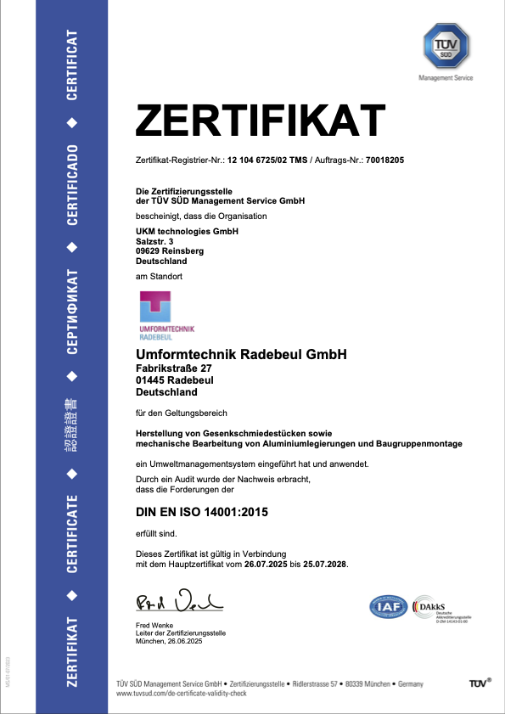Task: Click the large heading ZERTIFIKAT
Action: pyautogui.click(x=261, y=121)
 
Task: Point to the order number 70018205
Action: pyautogui.click(x=384, y=160)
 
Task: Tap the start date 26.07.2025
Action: pyautogui.click(x=267, y=564)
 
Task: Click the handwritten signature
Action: pyautogui.click(x=178, y=603)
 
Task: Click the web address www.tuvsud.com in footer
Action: pyautogui.click(x=140, y=694)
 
